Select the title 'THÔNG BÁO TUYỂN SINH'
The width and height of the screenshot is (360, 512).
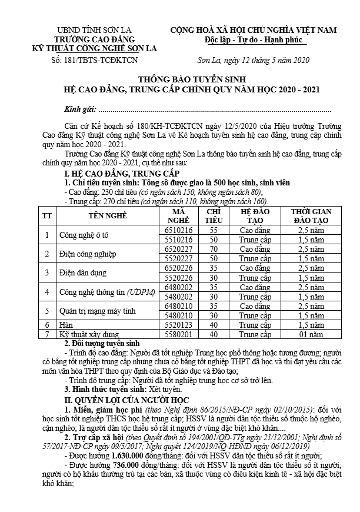[179, 79]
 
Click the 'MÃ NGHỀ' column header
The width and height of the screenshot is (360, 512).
[179, 216]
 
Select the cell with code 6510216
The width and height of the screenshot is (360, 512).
[179, 231]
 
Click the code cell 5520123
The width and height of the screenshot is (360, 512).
[179, 325]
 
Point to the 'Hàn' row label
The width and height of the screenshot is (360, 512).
[66, 325]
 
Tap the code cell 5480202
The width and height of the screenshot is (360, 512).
[179, 297]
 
